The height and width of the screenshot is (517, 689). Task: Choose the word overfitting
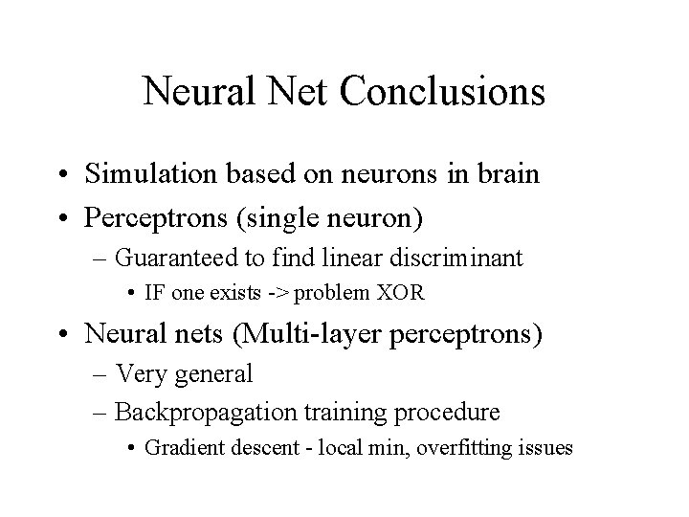tap(471, 448)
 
